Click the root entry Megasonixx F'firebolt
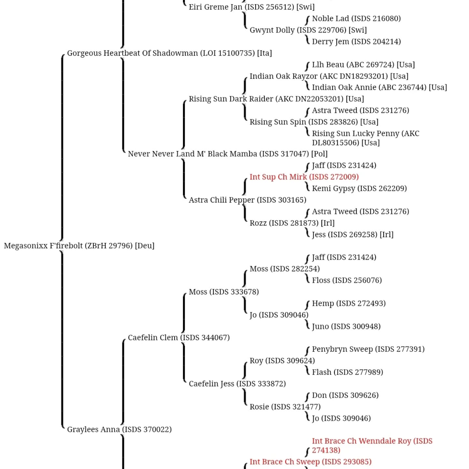[79, 246]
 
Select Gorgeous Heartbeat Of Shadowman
[169, 53]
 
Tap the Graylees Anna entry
[119, 429]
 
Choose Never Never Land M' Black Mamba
[228, 154]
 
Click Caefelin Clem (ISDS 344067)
[179, 337]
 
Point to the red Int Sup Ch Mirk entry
[304, 177]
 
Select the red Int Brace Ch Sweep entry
[311, 462]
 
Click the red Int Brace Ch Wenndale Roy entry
[372, 446]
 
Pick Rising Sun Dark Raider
[276, 99]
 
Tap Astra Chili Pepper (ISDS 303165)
[247, 200]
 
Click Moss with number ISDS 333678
[224, 291]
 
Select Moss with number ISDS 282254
[285, 269]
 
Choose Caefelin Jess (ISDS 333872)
[237, 384]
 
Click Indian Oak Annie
[379, 87]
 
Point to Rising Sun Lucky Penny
[365, 138]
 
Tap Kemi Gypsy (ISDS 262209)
[359, 188]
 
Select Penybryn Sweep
[368, 349]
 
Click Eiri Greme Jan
[252, 7]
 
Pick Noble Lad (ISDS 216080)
[356, 19]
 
